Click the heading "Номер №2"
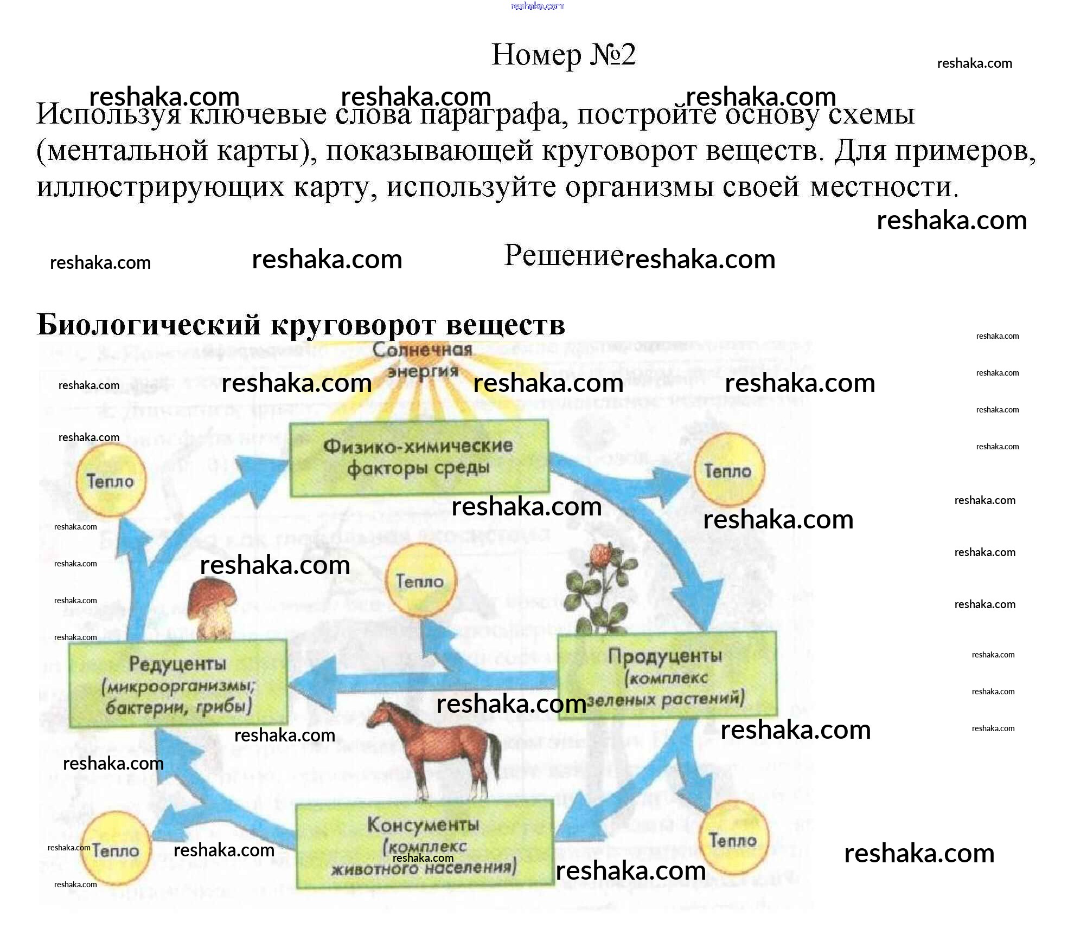(x=563, y=55)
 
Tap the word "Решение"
(x=563, y=255)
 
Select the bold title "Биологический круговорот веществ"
(x=301, y=325)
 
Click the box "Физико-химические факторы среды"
(x=419, y=459)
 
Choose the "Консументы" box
(x=424, y=845)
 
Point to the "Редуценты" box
(x=178, y=683)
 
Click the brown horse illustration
(x=434, y=748)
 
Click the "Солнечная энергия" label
(x=423, y=360)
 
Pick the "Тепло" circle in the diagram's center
(x=420, y=581)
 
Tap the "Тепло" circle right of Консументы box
(x=733, y=840)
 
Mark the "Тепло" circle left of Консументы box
(x=116, y=849)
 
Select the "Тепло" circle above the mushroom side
(x=110, y=481)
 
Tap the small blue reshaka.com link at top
(x=537, y=6)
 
